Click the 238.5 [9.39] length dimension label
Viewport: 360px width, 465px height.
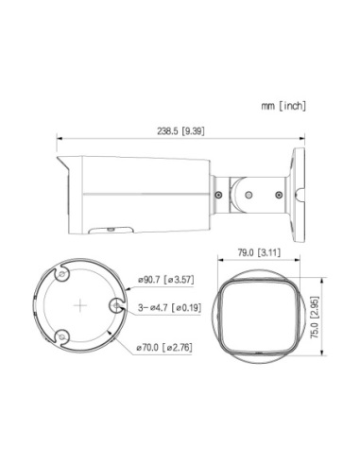(180, 131)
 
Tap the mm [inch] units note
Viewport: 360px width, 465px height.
(283, 106)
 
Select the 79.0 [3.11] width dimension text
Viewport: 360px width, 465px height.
(259, 252)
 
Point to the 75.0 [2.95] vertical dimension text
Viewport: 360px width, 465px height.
(315, 318)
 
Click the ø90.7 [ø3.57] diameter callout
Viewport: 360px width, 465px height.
(166, 280)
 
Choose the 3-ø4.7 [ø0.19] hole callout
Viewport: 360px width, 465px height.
(169, 307)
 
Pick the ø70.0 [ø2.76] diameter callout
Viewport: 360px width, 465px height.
(164, 348)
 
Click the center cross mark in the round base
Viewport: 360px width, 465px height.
(80, 305)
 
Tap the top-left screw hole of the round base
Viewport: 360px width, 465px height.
(62, 274)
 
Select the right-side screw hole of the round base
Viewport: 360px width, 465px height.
(116, 305)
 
